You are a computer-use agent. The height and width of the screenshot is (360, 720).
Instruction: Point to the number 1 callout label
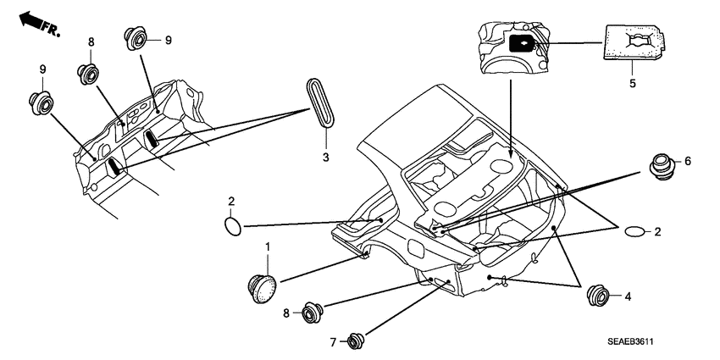point(268,246)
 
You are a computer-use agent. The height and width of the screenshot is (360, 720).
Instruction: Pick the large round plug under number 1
point(264,285)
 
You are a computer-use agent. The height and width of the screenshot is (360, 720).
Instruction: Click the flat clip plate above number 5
point(633,43)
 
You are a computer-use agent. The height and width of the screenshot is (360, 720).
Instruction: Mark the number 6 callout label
point(688,161)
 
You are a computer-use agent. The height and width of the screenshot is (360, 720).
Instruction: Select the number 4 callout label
point(627,296)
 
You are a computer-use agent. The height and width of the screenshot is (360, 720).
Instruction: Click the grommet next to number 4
point(600,296)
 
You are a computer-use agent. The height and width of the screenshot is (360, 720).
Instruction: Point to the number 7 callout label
point(332,342)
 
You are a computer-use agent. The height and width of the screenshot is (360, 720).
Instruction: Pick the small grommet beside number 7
point(353,341)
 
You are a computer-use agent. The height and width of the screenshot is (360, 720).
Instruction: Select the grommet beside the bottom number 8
point(313,313)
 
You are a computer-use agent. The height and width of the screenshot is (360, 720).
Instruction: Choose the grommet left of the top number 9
point(133,38)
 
